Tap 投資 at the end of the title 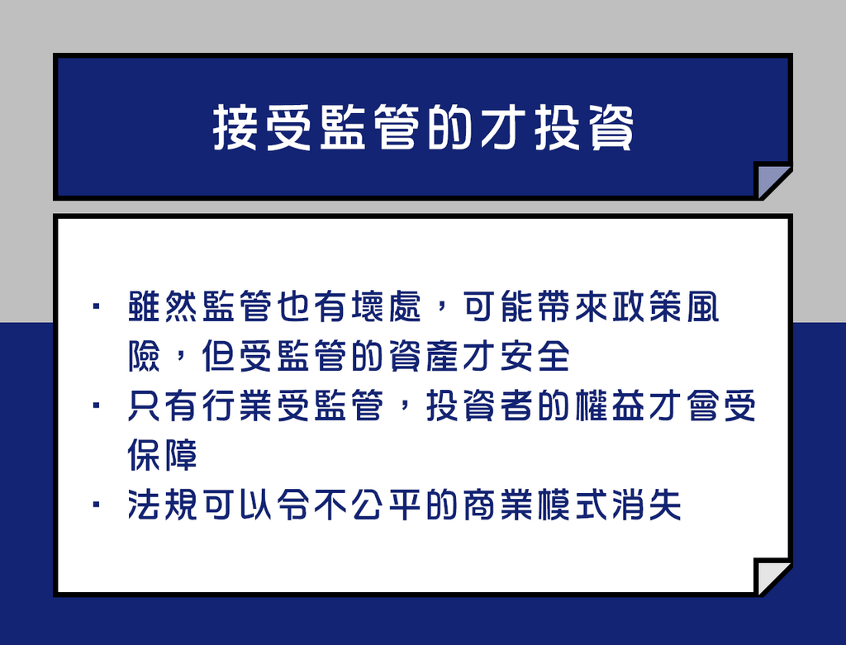(x=584, y=127)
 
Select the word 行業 (x=237, y=405)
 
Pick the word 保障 (x=163, y=454)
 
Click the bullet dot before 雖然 (x=96, y=306)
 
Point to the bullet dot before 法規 (x=96, y=505)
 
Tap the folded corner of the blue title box (x=769, y=178)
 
